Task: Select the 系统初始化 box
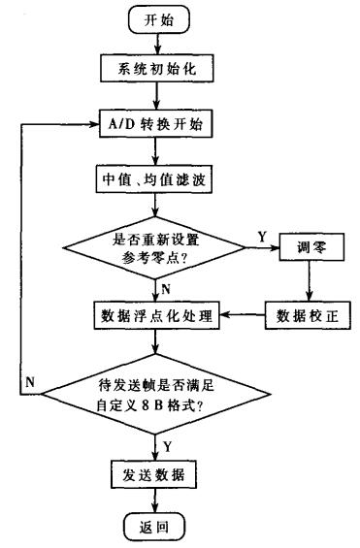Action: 155,71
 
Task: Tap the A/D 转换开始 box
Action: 155,125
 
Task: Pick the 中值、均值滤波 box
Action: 155,180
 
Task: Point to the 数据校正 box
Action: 308,316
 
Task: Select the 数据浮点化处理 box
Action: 155,316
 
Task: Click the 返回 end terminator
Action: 155,526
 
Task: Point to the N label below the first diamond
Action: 167,288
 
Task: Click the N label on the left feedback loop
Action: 31,381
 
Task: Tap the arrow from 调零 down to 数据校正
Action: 308,281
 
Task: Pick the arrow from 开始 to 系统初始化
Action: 155,45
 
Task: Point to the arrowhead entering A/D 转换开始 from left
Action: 93,125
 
